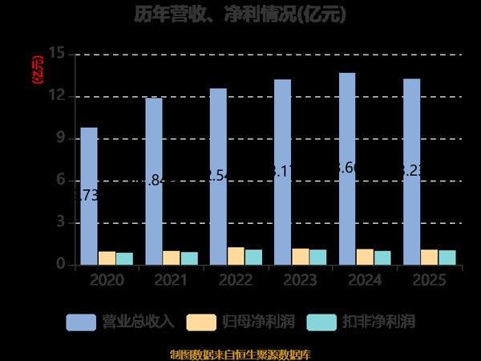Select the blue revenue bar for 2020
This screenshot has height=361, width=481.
click(89, 196)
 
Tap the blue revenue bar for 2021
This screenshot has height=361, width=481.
click(154, 181)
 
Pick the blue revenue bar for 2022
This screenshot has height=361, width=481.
click(219, 176)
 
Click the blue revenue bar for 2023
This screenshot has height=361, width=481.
click(282, 172)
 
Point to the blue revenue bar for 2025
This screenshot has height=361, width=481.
click(411, 172)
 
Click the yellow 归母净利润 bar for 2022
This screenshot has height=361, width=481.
click(236, 256)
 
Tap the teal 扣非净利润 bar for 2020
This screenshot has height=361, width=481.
click(124, 258)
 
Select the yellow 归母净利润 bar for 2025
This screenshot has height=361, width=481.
click(430, 257)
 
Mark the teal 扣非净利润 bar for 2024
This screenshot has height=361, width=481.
click(382, 258)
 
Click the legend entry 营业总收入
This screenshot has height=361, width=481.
click(120, 322)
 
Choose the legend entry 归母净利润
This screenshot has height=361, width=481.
click(240, 322)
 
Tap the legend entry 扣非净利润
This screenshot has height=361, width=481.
click(361, 322)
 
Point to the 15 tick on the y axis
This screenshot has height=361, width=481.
click(56, 54)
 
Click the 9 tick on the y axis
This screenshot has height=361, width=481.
click(60, 138)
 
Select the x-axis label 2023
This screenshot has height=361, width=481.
click(299, 280)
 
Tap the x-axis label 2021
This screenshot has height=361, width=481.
click(170, 280)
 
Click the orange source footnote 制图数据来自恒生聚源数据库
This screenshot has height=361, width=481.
click(240, 354)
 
